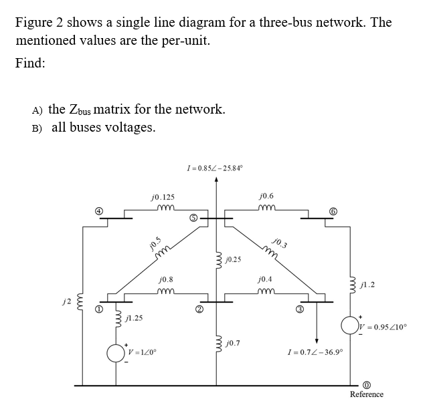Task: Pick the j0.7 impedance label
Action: pyautogui.click(x=236, y=343)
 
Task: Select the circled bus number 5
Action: pyautogui.click(x=193, y=217)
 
